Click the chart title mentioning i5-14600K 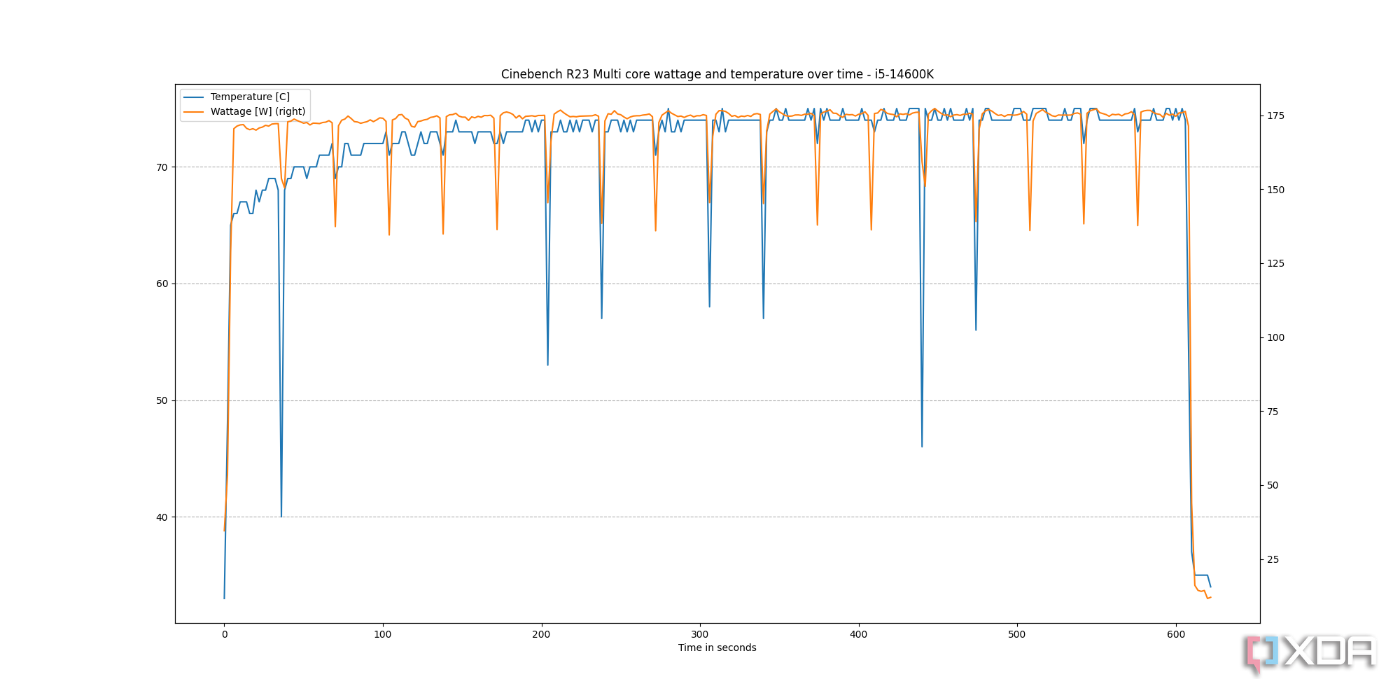pos(717,74)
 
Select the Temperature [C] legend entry pos(250,97)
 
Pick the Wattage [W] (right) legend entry pos(258,111)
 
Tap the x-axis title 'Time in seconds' pos(717,647)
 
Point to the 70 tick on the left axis pos(162,167)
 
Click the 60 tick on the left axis pos(162,283)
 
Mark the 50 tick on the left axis pos(162,400)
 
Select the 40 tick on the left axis pos(162,517)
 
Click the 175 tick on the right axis pos(1276,115)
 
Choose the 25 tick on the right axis pos(1273,559)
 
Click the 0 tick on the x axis pos(224,635)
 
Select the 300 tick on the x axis pos(700,635)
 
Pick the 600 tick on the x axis pos(1176,635)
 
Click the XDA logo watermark pos(1310,653)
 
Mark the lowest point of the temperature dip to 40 pos(281,517)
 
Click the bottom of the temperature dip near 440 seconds pos(922,447)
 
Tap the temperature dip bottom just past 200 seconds pos(547,365)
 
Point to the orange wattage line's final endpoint pos(1210,597)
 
